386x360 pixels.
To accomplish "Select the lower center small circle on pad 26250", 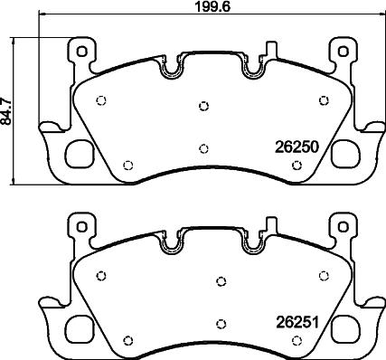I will (x=203, y=148).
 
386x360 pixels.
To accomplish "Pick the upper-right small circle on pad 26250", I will (x=323, y=101).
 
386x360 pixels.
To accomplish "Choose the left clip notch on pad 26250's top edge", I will (x=171, y=66).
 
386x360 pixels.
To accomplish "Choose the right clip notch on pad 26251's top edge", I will (x=253, y=242).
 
